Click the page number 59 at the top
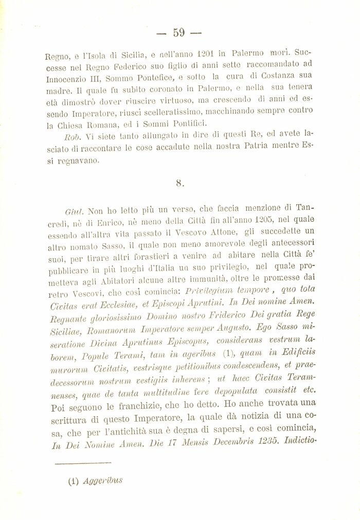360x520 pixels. (x=178, y=32)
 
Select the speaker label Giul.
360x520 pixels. (x=75, y=210)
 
